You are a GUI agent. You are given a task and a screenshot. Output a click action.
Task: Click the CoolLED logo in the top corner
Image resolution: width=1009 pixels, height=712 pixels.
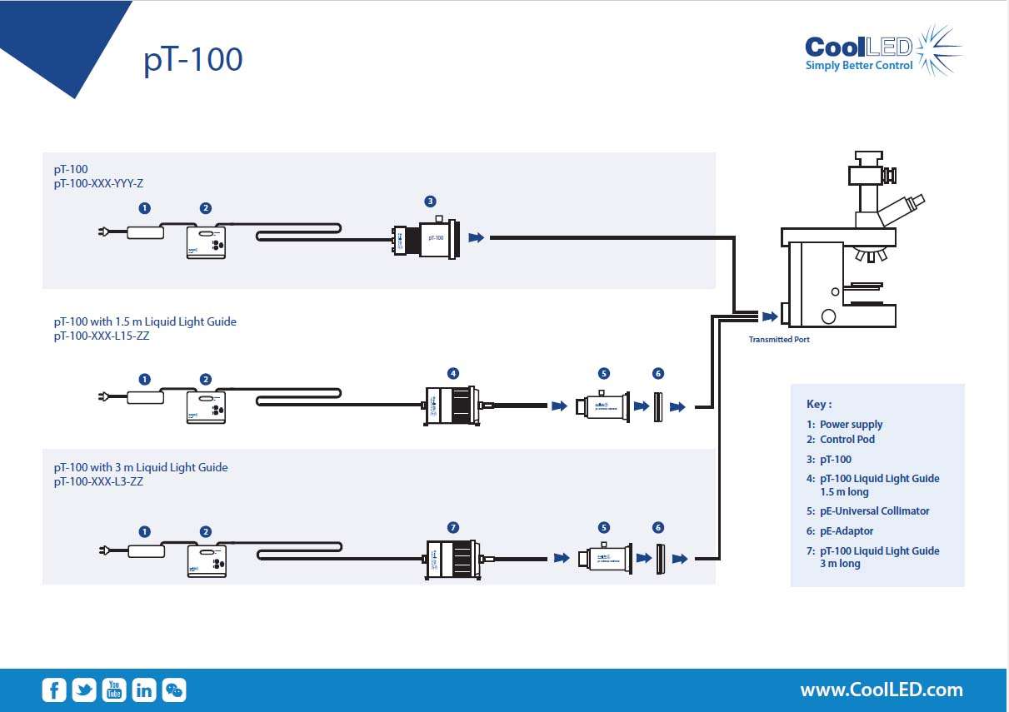pyautogui.click(x=882, y=51)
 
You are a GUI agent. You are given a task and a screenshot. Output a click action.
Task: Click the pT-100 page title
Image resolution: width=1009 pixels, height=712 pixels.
pyautogui.click(x=193, y=60)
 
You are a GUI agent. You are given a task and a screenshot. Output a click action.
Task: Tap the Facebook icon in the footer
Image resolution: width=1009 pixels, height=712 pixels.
pyautogui.click(x=54, y=690)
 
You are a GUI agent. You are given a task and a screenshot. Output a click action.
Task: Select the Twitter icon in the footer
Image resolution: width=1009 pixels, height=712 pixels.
pyautogui.click(x=84, y=690)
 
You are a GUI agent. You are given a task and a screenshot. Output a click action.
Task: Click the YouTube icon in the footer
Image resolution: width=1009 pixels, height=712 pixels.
pyautogui.click(x=114, y=690)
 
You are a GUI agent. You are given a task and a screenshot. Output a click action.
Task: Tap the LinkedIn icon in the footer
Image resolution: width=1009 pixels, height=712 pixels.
pyautogui.click(x=144, y=690)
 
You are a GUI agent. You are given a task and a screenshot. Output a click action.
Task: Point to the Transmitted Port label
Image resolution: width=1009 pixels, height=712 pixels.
pyautogui.click(x=778, y=340)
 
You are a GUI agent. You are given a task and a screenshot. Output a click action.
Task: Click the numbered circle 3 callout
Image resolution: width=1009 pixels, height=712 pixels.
pyautogui.click(x=430, y=201)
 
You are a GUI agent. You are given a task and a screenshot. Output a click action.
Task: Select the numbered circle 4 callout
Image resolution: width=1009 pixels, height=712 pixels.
pyautogui.click(x=453, y=373)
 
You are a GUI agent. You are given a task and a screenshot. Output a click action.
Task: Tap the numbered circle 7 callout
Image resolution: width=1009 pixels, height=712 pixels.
pyautogui.click(x=453, y=527)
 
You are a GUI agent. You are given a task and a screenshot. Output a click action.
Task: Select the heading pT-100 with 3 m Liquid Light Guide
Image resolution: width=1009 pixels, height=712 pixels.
pyautogui.click(x=141, y=467)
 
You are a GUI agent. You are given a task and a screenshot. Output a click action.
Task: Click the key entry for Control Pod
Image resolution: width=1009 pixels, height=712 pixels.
pyautogui.click(x=847, y=439)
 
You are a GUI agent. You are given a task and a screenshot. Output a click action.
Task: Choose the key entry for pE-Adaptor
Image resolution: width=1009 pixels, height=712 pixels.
pyautogui.click(x=846, y=530)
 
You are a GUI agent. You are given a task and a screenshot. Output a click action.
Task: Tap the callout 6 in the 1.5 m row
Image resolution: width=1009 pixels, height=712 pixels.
pyautogui.click(x=658, y=373)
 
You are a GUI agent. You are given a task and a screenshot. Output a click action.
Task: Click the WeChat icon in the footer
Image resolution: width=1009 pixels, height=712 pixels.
pyautogui.click(x=174, y=690)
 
